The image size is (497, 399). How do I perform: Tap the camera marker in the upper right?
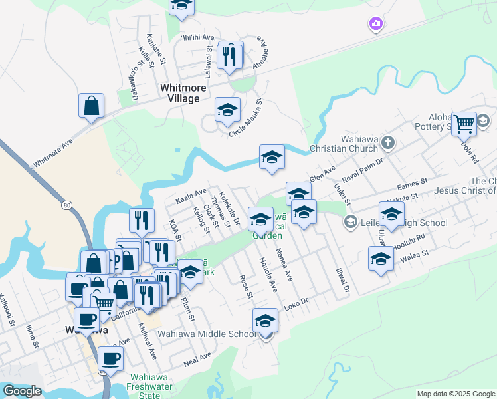tap(375, 24)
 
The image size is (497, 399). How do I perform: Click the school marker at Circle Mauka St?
tap(227, 111)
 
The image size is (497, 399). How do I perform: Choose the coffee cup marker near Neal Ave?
tap(110, 359)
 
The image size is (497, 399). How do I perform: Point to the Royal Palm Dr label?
tap(366, 166)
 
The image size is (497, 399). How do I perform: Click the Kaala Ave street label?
tap(191, 196)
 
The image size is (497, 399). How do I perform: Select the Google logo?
tap(22, 391)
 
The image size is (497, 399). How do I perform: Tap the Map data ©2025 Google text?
tap(456, 394)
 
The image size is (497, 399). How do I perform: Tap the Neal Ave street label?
tap(197, 359)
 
